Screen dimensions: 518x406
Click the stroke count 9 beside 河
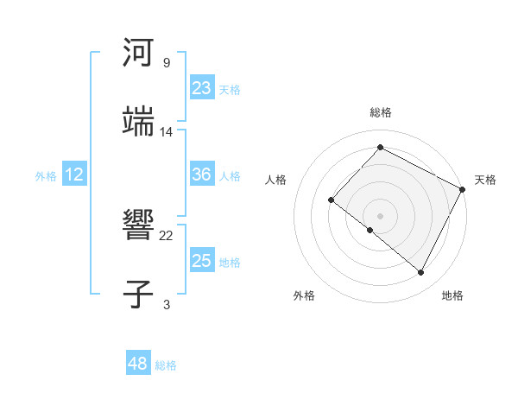166,63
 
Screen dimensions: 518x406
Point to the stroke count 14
167,132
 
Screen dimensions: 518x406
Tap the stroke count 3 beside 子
166,305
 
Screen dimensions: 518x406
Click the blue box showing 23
202,87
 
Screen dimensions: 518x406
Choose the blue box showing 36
202,174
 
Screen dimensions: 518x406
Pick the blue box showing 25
202,261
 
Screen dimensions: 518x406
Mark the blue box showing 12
74,174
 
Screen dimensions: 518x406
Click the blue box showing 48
138,364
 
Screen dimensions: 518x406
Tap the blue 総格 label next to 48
166,365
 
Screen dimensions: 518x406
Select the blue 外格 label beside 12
46,176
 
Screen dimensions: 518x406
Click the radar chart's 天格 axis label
485,181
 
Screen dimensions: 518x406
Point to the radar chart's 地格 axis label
452,296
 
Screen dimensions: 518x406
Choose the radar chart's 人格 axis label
276,181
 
